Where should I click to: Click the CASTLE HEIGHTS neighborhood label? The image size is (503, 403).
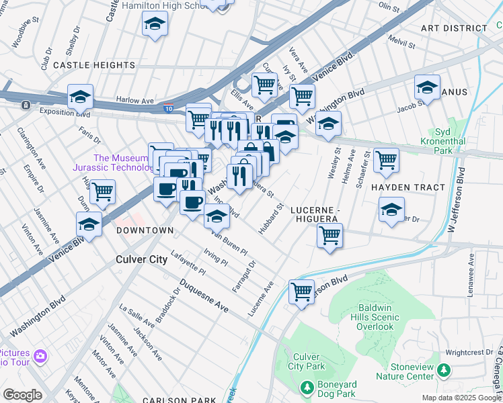[94, 65]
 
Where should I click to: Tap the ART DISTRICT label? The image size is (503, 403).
[454, 28]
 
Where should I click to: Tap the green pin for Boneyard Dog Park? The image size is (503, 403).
[307, 388]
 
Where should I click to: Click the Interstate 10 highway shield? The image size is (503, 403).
[167, 107]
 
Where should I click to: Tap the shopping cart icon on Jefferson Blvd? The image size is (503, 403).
[302, 292]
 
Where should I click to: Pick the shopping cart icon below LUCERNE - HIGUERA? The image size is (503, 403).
[330, 236]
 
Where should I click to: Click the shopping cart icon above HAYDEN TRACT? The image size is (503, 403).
[387, 160]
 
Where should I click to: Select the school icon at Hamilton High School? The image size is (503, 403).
[155, 25]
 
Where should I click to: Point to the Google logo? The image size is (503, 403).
[22, 395]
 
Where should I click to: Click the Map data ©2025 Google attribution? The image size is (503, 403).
[461, 398]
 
